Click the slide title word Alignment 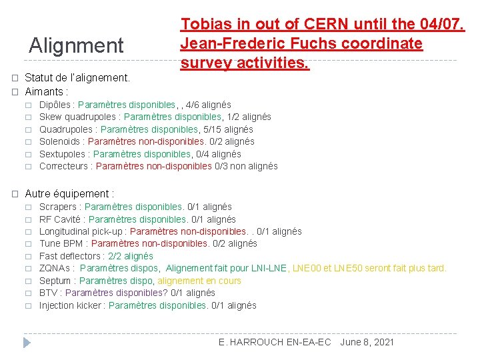76,45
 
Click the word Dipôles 56,105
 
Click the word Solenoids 61,141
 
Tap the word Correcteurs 65,166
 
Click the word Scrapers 58,207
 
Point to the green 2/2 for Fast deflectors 115,256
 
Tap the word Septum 55,281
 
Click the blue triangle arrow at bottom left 27,343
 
